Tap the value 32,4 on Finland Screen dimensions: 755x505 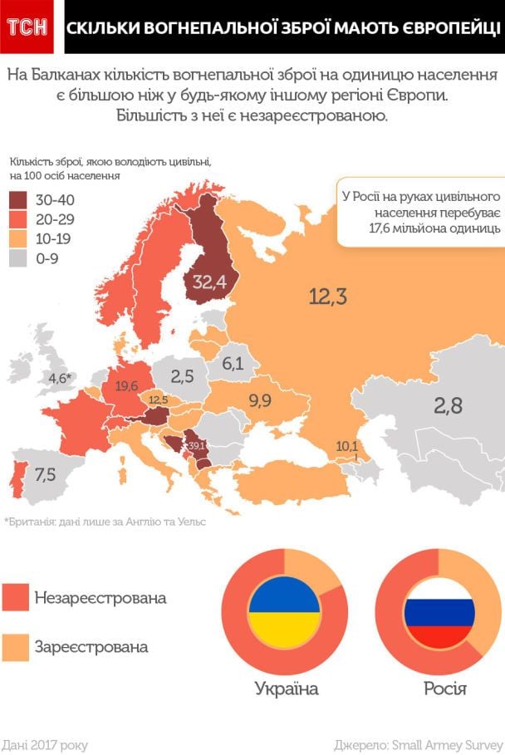[209, 282]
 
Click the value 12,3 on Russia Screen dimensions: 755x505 [327, 296]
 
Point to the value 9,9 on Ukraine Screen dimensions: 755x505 [260, 401]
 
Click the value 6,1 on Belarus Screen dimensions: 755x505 [233, 363]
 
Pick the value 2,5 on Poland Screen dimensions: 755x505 [183, 375]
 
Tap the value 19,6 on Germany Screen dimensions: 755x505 [127, 385]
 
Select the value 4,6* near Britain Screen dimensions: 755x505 [61, 378]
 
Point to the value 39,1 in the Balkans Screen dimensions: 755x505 [197, 446]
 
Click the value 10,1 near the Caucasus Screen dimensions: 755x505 [346, 446]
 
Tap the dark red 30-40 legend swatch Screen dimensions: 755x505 [19, 200]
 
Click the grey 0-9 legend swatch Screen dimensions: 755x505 [19, 258]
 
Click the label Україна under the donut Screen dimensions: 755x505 [286, 689]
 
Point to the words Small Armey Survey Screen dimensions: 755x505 [449, 744]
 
